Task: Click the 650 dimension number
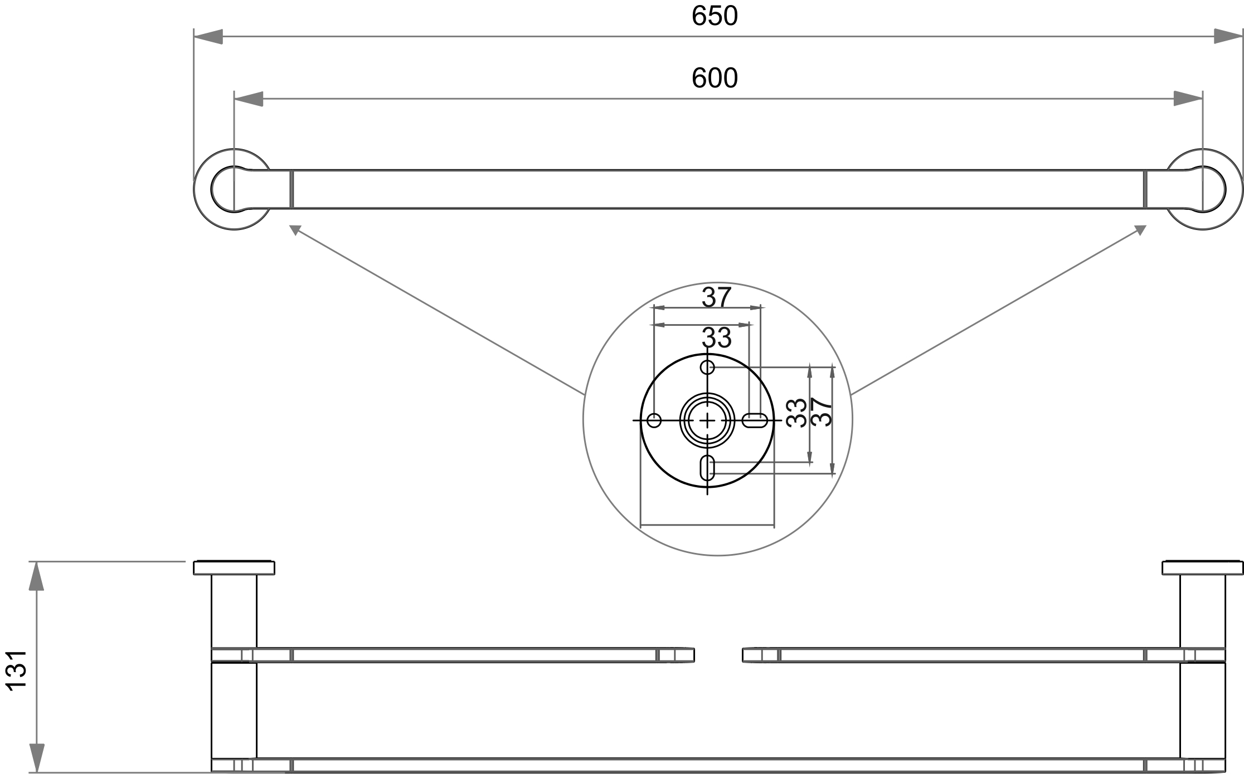point(715,16)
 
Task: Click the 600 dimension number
point(715,79)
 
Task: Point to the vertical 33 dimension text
point(796,413)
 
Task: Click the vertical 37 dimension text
point(821,412)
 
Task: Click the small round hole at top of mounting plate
point(707,368)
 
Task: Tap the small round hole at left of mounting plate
point(654,420)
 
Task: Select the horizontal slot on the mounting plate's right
point(755,420)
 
